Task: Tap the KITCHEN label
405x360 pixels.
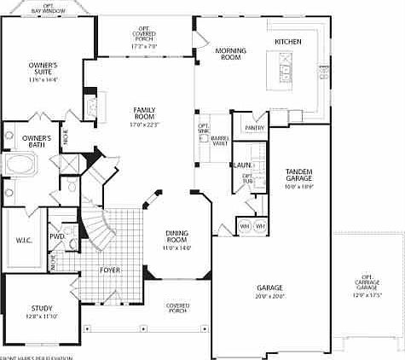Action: pyautogui.click(x=288, y=42)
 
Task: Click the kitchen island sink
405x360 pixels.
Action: pyautogui.click(x=284, y=66)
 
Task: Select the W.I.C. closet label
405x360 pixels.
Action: pyautogui.click(x=24, y=240)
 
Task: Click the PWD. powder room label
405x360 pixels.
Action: pyautogui.click(x=57, y=236)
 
